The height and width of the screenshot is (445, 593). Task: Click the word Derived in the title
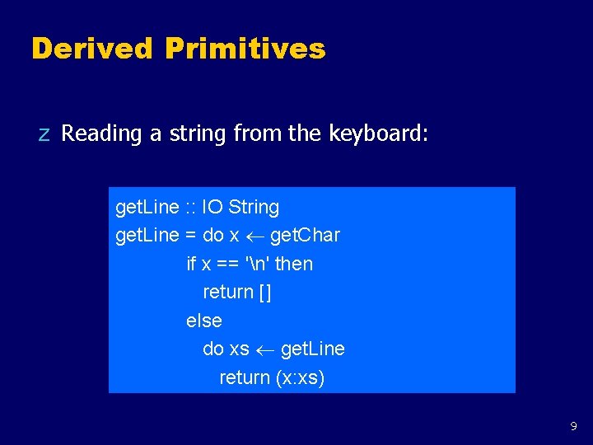tap(91, 49)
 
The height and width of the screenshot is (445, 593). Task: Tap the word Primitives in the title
tap(245, 49)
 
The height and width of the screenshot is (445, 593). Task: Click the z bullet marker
tap(44, 134)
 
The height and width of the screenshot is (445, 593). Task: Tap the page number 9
tap(573, 427)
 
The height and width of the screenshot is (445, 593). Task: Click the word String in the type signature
tap(254, 207)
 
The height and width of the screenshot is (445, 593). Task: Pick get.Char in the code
tap(305, 236)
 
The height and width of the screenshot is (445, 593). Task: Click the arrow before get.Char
tap(254, 237)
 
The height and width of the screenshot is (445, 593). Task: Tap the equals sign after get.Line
tap(190, 236)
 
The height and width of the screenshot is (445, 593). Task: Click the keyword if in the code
tap(191, 264)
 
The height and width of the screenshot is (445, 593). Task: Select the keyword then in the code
tap(294, 264)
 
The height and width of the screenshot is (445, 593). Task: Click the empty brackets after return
tap(264, 293)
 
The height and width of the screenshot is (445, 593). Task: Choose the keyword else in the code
tap(204, 321)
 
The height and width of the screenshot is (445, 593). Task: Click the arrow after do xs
tap(264, 349)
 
